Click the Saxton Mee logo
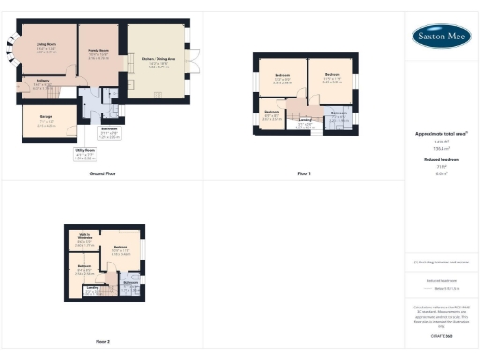[x=442, y=36]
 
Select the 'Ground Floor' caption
[x=102, y=174]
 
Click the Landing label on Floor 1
[x=305, y=122]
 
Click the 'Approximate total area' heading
[x=441, y=134]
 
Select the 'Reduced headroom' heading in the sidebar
[x=441, y=160]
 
